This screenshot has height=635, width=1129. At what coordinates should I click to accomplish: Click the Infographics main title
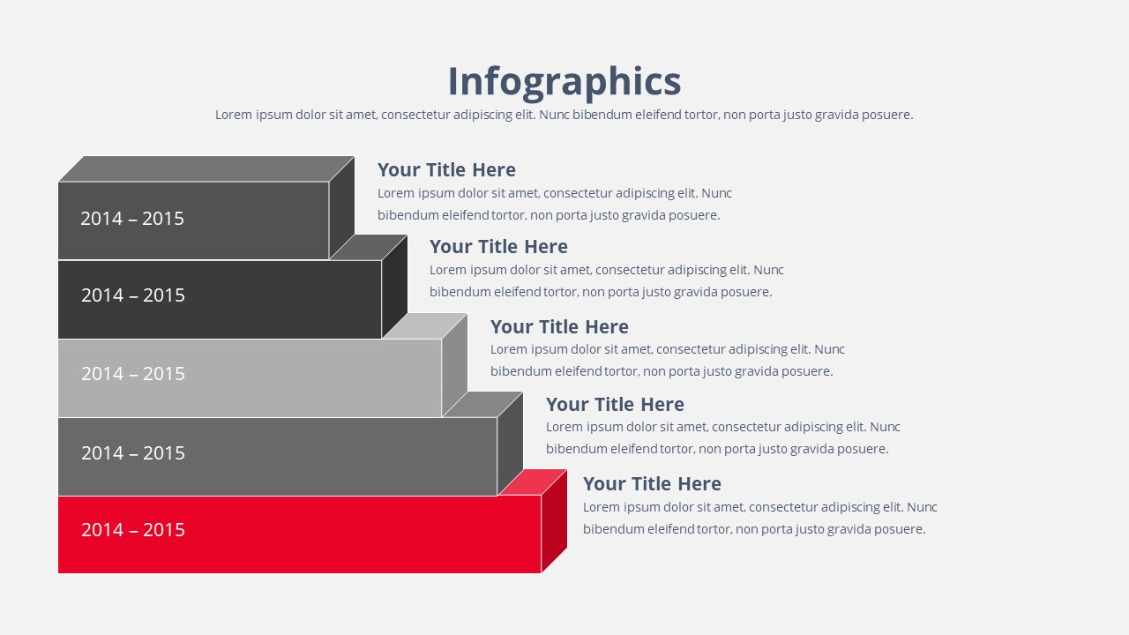pyautogui.click(x=564, y=82)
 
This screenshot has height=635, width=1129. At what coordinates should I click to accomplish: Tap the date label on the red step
pyautogui.click(x=133, y=530)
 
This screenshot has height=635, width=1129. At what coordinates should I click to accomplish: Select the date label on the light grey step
pyautogui.click(x=133, y=373)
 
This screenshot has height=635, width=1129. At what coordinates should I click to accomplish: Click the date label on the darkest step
pyautogui.click(x=133, y=295)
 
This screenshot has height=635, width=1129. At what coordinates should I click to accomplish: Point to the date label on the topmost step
pyautogui.click(x=132, y=218)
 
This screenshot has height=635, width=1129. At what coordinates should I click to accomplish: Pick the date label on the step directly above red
pyautogui.click(x=133, y=453)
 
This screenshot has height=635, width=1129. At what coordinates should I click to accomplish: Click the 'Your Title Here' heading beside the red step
pyautogui.click(x=652, y=484)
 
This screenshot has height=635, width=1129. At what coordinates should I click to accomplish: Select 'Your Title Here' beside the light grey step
pyautogui.click(x=559, y=326)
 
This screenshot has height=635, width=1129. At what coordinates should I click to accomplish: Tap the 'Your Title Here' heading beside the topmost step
pyautogui.click(x=446, y=170)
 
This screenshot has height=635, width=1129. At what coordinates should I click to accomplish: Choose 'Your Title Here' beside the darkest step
pyautogui.click(x=498, y=246)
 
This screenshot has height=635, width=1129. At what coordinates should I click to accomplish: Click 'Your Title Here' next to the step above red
pyautogui.click(x=615, y=404)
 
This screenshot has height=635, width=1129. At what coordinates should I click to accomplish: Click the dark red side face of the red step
pyautogui.click(x=555, y=521)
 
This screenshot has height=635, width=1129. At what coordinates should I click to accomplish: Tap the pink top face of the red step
pyautogui.click(x=534, y=482)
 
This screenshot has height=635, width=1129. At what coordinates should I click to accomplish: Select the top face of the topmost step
pyautogui.click(x=206, y=168)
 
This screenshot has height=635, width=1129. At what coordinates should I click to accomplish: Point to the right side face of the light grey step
pyautogui.click(x=454, y=365)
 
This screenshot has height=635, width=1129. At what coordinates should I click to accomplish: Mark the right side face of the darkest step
pyautogui.click(x=394, y=287)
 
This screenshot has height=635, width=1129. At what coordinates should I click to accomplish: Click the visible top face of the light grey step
pyautogui.click(x=426, y=326)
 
